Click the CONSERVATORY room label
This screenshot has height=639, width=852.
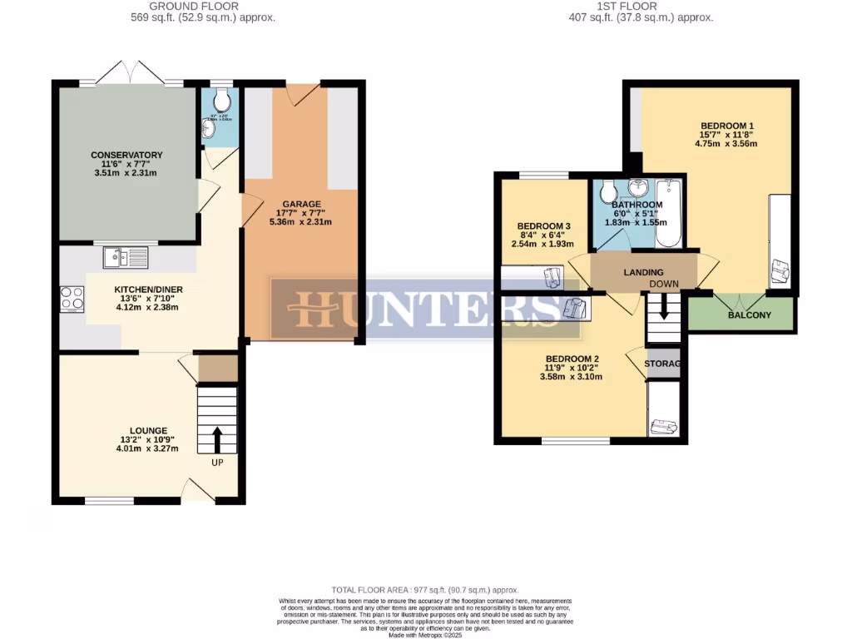click(x=126, y=155)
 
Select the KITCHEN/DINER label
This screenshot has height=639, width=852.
click(x=148, y=290)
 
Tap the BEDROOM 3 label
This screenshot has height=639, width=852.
click(x=543, y=226)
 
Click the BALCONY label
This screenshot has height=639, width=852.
click(x=750, y=315)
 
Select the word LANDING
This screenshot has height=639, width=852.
click(x=643, y=272)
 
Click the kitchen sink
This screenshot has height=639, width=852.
click(x=126, y=258)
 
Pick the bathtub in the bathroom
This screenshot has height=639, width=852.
click(x=668, y=215)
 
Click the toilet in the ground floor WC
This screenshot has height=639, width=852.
click(x=220, y=102)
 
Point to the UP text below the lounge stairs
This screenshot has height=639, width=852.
click(x=217, y=463)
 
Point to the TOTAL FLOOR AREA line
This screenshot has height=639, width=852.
click(x=425, y=589)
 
